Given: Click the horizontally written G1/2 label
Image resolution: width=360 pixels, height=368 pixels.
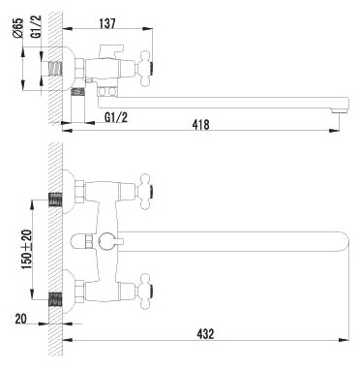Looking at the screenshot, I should pos(117,117).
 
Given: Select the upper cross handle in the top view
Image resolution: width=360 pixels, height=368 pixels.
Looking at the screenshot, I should pos(143,183).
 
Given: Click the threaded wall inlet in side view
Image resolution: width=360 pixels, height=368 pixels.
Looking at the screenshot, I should pos(55,70).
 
